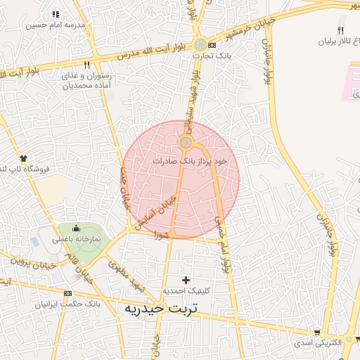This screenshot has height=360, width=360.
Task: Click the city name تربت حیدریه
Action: pos(161,308)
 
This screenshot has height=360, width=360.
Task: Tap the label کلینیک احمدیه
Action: pos(185,290)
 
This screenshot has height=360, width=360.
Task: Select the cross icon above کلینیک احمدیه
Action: pos(186,280)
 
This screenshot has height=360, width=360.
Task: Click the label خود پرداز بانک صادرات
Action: pos(191,161)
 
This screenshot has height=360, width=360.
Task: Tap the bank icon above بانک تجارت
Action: pos(202,44)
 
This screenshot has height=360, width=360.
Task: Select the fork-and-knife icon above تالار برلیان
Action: pos(341,30)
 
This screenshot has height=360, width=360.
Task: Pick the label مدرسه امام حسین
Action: pos(56,25)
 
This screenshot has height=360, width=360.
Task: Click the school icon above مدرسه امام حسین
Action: pos(56,14)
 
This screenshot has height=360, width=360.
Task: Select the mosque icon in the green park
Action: pos(76,229)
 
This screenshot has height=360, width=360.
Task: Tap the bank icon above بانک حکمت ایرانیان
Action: pos(67,293)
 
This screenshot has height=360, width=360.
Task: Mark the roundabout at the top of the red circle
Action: pos(186,143)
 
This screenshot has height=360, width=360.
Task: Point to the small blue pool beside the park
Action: pos(35,241)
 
